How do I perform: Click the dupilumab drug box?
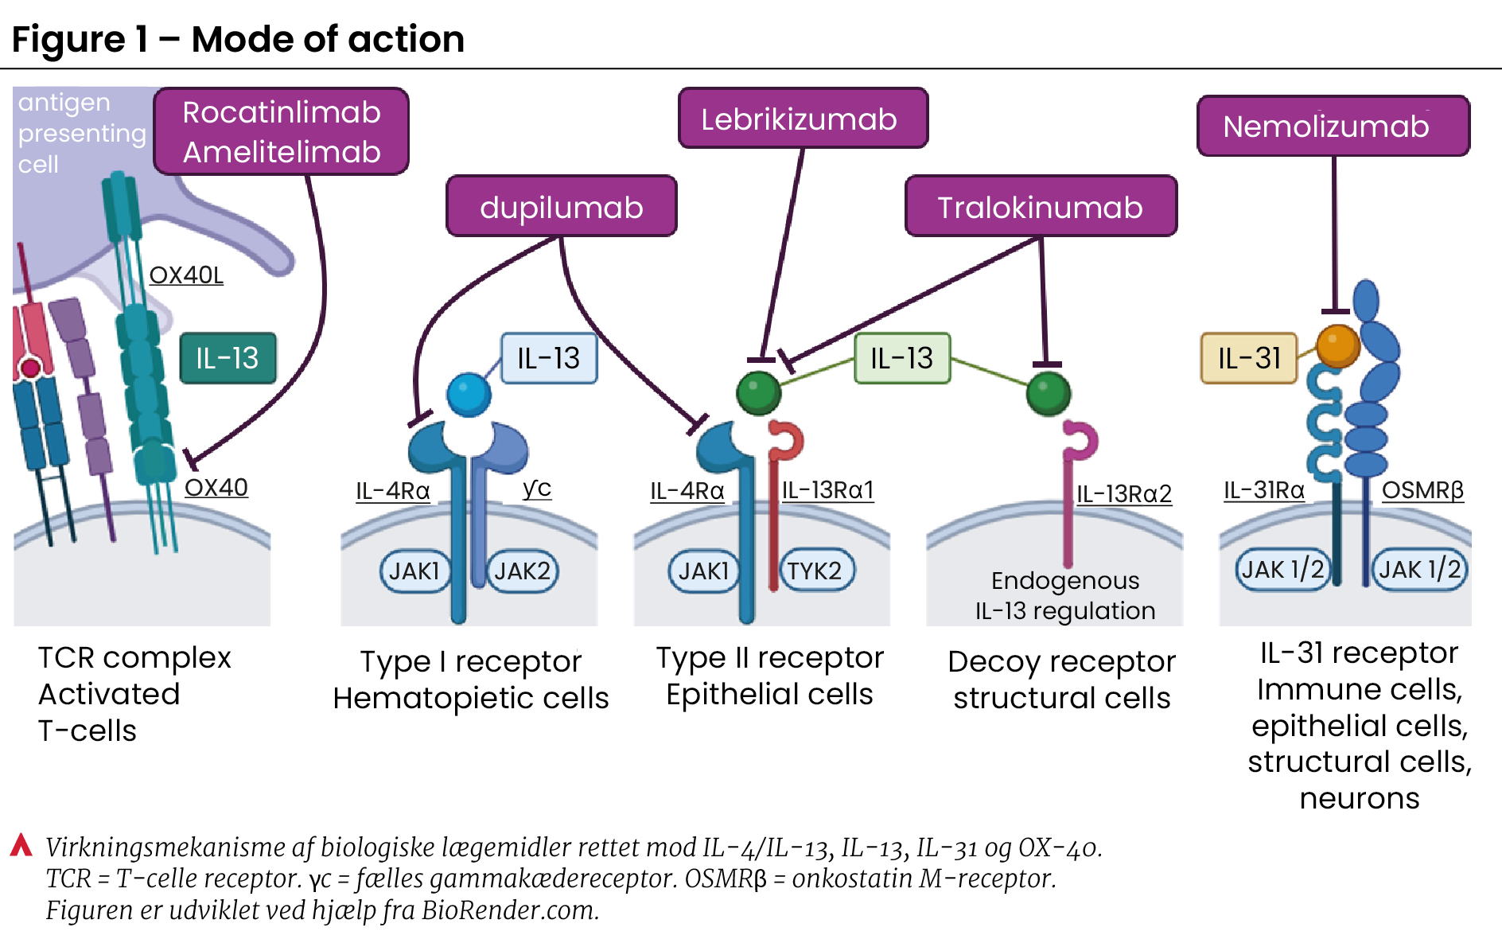pos(562,206)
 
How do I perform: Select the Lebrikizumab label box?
pos(803,118)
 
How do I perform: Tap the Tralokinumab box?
pos(1041,206)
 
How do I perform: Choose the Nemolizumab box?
pos(1333,126)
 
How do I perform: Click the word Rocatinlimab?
pos(282,112)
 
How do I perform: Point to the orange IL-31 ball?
pos(1338,345)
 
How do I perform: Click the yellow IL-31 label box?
pos(1249,358)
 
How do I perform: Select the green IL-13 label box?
pos(902,358)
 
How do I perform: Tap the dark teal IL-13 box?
pos(228,358)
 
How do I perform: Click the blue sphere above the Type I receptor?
pos(469,393)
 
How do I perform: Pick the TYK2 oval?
pos(815,571)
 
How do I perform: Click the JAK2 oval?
pos(522,571)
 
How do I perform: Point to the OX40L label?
pos(186,275)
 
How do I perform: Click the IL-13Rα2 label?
pos(1124,493)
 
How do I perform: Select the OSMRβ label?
pos(1422,490)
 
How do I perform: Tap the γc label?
pos(537,488)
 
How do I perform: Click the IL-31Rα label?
pos(1264,490)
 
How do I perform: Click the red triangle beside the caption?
pos(21,845)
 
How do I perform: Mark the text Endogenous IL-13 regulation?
pos(1065,595)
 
